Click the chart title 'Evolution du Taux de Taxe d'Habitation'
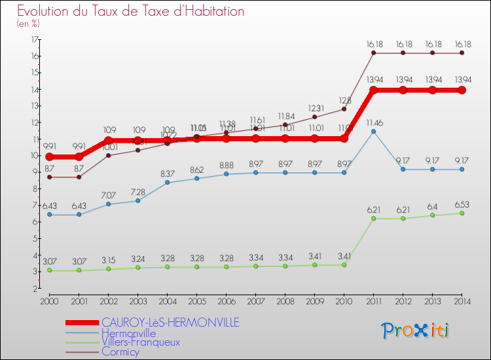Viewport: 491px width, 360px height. coord(131,12)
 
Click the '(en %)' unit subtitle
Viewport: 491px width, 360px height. coord(28,24)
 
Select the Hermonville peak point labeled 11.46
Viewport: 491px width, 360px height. coord(373,132)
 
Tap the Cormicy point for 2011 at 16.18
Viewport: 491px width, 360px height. coord(373,53)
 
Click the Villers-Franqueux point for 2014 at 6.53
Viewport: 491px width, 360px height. coord(462,213)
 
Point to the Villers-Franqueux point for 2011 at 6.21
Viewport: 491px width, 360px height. coord(373,218)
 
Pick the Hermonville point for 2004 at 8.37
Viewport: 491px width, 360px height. coord(167,182)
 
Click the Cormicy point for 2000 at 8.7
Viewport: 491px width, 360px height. coord(49,177)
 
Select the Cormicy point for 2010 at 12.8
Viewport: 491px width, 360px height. coord(344,109)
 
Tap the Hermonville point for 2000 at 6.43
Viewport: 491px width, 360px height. coord(49,214)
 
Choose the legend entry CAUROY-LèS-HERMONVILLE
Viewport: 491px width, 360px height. coord(170,322)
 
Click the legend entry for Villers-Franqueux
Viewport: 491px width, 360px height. coord(141,342)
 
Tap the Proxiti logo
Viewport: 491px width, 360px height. coord(416,331)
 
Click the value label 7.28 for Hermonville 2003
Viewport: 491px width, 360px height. coord(137,192)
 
